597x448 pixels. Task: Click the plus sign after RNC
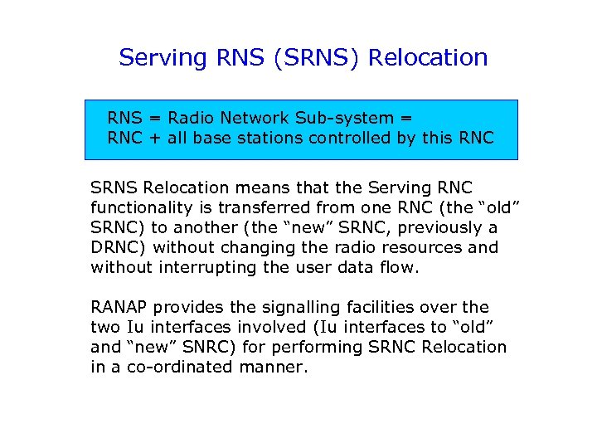[155, 138]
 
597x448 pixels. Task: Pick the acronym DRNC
[117, 247]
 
